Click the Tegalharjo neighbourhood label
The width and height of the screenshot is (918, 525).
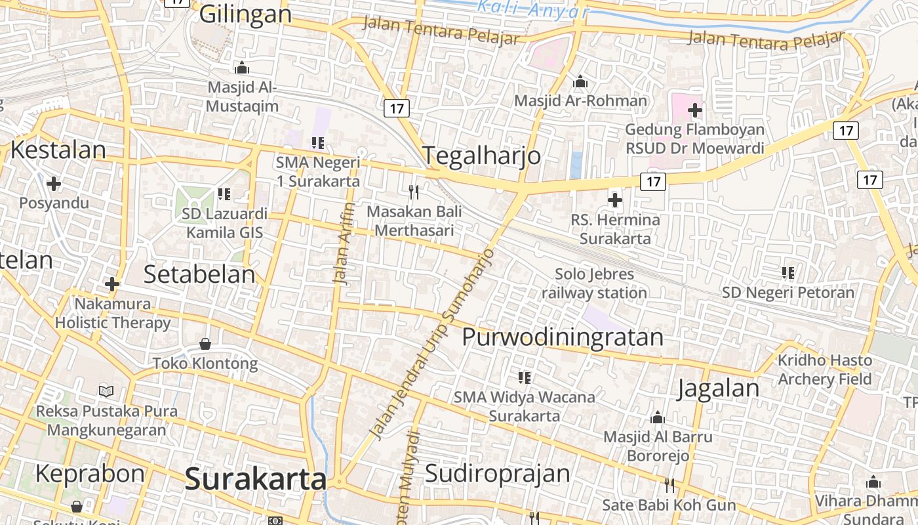click(x=482, y=156)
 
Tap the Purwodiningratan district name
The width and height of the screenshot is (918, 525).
click(x=563, y=337)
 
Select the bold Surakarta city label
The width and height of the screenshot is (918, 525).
click(x=256, y=479)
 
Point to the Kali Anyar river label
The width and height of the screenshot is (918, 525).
click(x=532, y=9)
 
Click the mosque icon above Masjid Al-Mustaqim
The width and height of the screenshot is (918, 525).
click(x=242, y=68)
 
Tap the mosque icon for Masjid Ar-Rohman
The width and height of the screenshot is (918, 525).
click(x=580, y=83)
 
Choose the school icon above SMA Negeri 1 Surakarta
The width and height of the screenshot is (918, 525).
click(x=318, y=142)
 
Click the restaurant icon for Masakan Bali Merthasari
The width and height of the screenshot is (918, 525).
click(x=414, y=192)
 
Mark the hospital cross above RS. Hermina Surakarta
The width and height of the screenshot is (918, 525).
click(x=615, y=200)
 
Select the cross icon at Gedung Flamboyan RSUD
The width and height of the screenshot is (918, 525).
click(x=695, y=110)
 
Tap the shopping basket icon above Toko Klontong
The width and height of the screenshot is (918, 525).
click(x=205, y=343)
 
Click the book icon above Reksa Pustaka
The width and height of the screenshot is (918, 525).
click(x=106, y=392)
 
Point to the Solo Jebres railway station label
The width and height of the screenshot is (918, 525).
click(x=595, y=283)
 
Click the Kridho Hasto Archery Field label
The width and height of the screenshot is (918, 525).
click(x=825, y=369)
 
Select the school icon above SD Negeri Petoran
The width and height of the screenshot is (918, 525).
click(x=788, y=272)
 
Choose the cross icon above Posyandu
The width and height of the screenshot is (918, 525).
click(x=54, y=183)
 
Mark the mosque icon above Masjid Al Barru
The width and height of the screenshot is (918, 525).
click(x=658, y=417)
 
